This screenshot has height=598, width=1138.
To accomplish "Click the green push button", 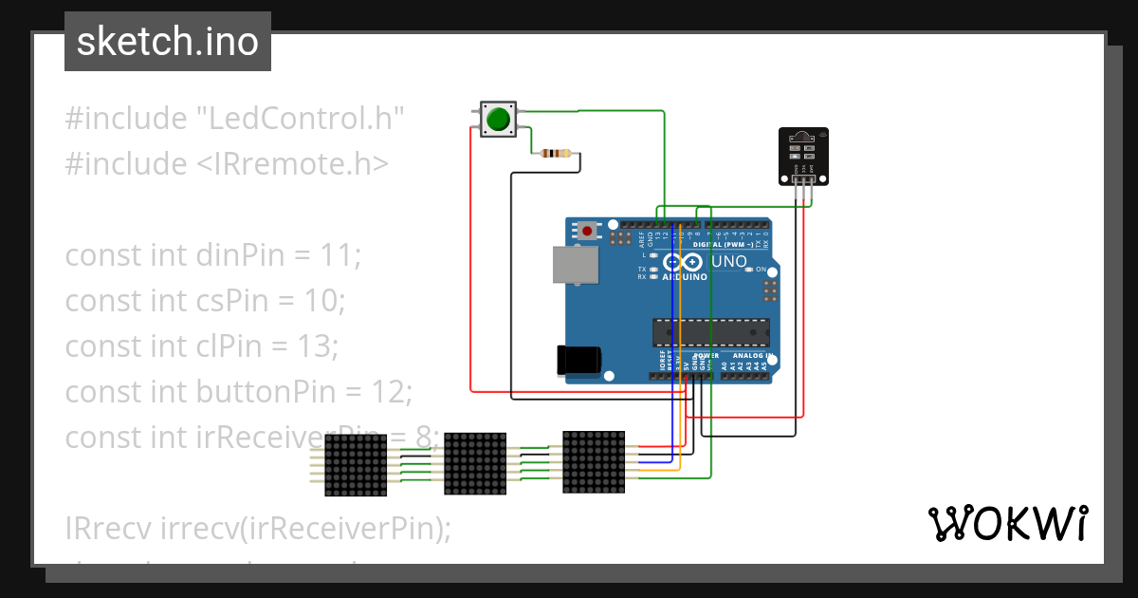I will coord(497,120).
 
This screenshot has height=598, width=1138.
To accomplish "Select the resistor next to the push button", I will coord(555,153).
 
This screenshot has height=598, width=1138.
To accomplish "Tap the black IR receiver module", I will coord(802,157).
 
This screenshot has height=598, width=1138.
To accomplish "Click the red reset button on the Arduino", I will coord(588,231).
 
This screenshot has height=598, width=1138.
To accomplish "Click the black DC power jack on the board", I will coord(578,360).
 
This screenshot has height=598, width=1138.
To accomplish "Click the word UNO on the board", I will coord(728,261).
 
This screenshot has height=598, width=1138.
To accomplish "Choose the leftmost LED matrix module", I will coord(356,465).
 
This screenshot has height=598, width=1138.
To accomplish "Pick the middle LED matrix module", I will coord(475,463).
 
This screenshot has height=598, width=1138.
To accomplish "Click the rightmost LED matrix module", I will coord(594,462).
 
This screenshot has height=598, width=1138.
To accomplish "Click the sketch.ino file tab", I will coord(168,42).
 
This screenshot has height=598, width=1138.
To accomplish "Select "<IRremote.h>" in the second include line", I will coord(293,164).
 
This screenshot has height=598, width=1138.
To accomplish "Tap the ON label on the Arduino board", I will coord(761,270).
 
